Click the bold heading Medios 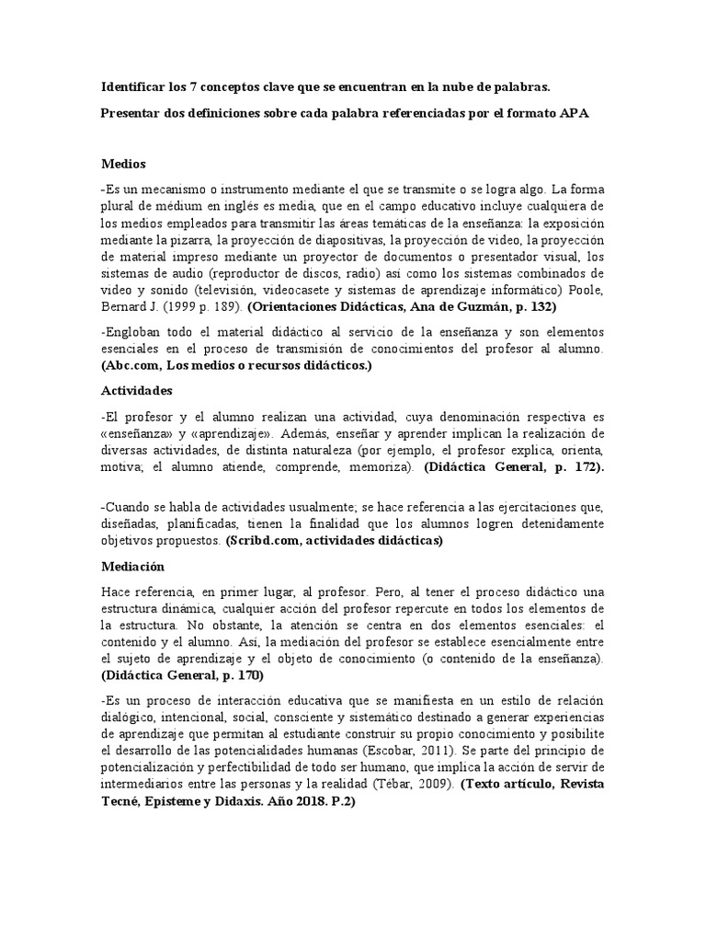coord(123,164)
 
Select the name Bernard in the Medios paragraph coord(124,304)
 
